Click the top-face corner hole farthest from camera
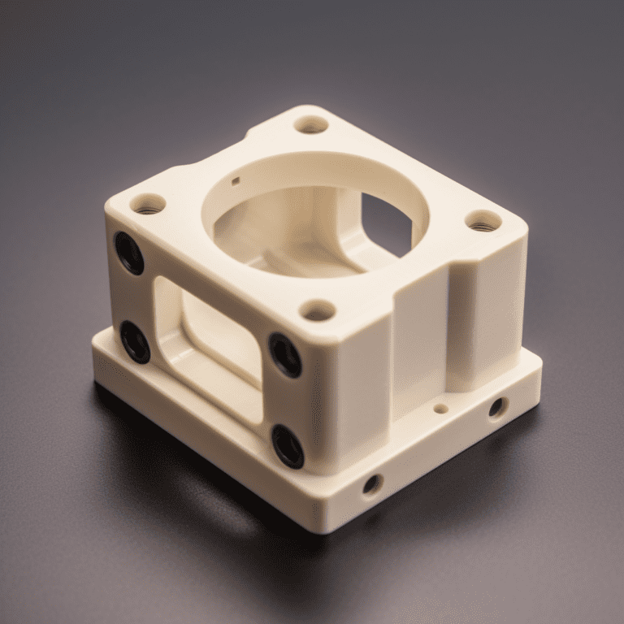coord(310,124)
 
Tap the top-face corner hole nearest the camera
coord(318,310)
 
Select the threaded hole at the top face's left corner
coord(147,204)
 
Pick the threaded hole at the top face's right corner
coord(484,220)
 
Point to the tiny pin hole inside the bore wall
coord(236,180)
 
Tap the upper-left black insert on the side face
coord(129,253)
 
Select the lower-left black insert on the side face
coord(136,342)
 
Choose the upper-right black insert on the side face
coord(285,354)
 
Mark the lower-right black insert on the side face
coord(288,446)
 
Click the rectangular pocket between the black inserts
coord(209,340)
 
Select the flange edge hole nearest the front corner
coord(372,484)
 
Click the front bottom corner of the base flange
coord(325,528)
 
